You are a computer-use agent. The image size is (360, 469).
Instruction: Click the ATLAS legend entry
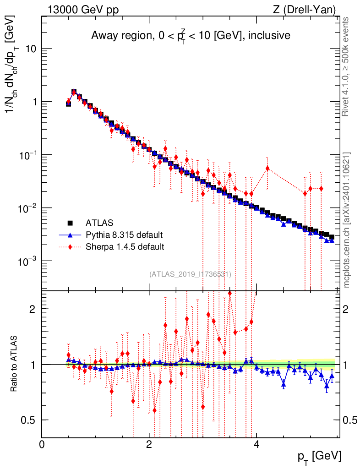tap(99, 223)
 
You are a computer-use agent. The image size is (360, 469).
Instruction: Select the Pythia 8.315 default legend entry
tap(124, 235)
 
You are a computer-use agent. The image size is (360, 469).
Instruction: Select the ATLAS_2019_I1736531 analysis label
tap(190, 274)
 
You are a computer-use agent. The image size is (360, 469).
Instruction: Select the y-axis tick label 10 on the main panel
tap(31, 49)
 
